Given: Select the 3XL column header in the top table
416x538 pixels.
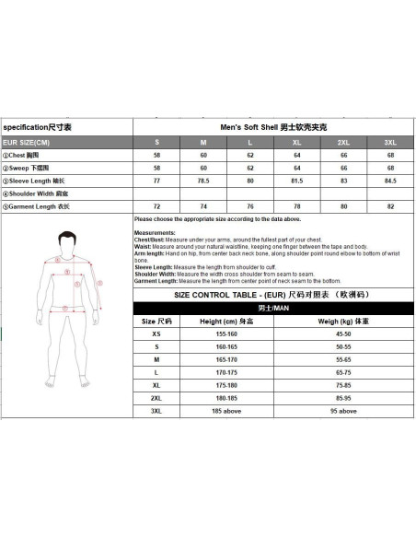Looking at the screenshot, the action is (390, 143).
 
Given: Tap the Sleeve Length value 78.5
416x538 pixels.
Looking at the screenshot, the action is (202, 181).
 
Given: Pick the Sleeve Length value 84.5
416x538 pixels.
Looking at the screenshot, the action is (390, 181).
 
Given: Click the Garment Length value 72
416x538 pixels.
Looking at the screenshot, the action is (156, 206).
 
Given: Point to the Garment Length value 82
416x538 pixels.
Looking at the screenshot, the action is (390, 206).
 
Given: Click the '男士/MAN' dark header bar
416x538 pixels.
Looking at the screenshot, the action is (272, 307).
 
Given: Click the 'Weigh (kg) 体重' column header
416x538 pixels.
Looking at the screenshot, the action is (342, 322).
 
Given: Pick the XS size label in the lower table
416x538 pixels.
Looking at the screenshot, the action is (156, 334).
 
